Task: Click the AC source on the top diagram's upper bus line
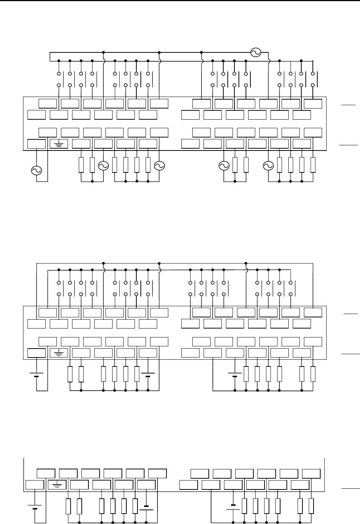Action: point(256,52)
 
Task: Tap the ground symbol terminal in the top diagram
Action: point(59,144)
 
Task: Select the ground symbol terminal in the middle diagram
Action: point(59,353)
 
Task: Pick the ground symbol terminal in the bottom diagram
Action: point(57,485)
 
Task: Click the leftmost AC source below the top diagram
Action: point(36,171)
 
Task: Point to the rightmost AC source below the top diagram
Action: point(268,166)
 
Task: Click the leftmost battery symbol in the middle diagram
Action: point(36,374)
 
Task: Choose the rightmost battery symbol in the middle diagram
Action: point(235,374)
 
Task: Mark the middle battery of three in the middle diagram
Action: point(148,374)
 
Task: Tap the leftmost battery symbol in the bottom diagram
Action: point(35,507)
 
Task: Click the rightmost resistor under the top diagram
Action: point(313,165)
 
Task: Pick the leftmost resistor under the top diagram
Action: point(81,165)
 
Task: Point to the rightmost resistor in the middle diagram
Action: point(313,374)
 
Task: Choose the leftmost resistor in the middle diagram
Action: point(70,374)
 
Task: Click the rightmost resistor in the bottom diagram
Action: point(311,506)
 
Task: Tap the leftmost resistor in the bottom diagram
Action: point(68,506)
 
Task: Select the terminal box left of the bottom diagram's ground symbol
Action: point(35,485)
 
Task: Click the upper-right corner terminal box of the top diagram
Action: point(313,104)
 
